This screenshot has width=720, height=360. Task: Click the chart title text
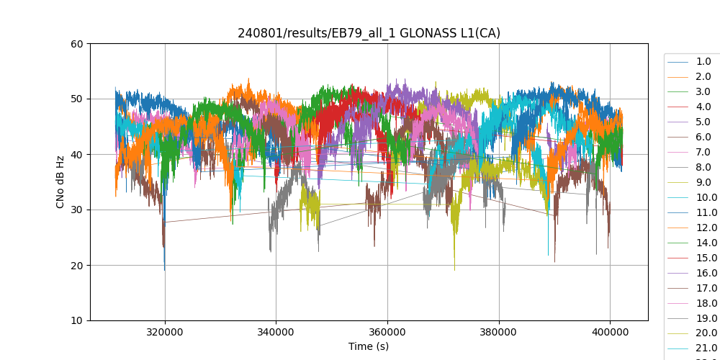pos(369,33)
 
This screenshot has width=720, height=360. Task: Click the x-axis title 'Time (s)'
pos(369,346)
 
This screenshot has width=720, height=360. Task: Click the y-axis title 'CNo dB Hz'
pos(60,182)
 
